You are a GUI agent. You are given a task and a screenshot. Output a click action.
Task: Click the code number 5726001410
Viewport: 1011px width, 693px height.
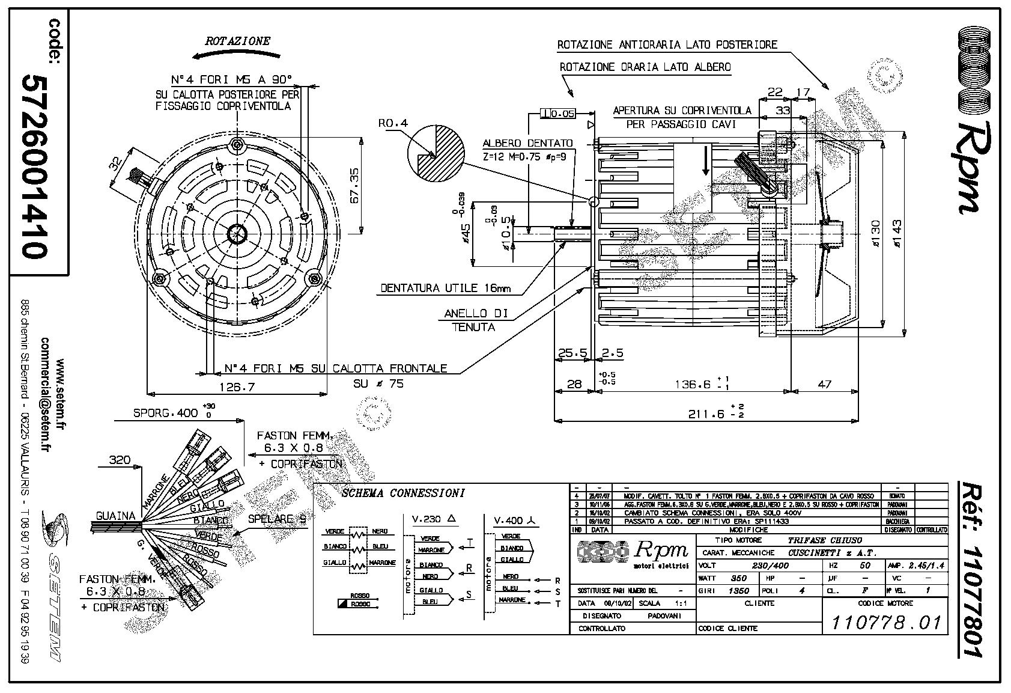coord(34,166)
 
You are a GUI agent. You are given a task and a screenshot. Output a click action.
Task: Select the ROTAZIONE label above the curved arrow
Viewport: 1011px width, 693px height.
coord(238,41)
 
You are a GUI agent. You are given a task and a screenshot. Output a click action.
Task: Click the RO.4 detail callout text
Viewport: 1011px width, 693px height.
coord(393,123)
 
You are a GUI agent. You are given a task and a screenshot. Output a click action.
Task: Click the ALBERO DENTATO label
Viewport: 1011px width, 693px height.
coord(527,144)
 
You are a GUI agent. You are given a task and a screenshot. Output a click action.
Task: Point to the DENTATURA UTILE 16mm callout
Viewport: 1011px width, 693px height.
coord(445,288)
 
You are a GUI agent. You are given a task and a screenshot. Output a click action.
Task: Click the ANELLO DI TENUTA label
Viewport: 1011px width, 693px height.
coord(476,320)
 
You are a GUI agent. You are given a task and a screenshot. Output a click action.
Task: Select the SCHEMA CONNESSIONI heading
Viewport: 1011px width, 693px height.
coord(402,493)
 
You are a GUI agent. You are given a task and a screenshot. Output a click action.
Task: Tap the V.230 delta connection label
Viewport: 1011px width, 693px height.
coord(434,519)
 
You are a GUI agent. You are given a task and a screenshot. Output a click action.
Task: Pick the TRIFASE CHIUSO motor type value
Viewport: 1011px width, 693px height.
coord(824,540)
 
